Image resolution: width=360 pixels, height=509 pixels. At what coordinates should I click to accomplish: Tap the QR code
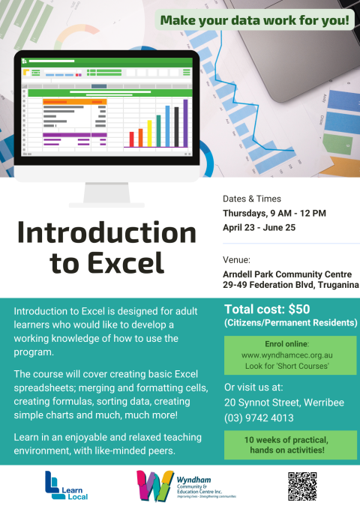click(x=302, y=487)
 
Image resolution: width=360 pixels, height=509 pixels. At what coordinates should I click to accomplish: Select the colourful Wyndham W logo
click(x=155, y=487)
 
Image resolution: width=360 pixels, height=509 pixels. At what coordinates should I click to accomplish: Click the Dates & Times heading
click(x=252, y=199)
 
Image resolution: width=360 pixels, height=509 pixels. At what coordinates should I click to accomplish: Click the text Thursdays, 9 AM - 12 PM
click(x=274, y=213)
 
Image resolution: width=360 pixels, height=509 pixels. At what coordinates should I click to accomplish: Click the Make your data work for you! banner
click(x=255, y=20)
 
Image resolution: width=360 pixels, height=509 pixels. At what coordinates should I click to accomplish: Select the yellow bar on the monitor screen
click(x=149, y=133)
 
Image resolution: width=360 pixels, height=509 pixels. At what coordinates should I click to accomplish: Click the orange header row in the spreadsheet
click(x=74, y=100)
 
